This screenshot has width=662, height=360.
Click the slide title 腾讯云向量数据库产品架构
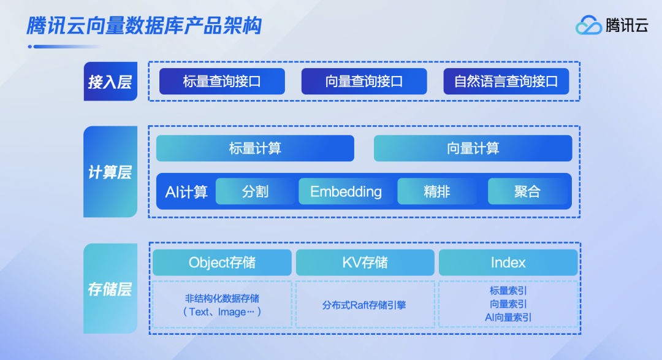[x=144, y=26]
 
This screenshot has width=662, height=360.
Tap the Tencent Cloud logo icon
[x=588, y=25]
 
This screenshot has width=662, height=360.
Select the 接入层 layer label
[x=110, y=82]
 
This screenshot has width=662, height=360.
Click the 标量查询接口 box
[x=222, y=82]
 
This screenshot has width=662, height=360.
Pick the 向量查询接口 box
[x=364, y=82]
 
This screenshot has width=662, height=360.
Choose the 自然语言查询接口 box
[x=506, y=82]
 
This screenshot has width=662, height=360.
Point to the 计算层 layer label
[x=110, y=172]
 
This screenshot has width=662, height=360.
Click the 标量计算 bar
[x=255, y=148]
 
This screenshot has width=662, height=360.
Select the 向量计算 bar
[x=473, y=148]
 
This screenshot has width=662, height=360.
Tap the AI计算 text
[x=186, y=192]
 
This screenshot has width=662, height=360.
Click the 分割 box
[x=255, y=192]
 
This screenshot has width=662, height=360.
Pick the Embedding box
[x=346, y=192]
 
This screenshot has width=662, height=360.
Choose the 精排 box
[x=437, y=192]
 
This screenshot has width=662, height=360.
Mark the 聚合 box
[x=527, y=192]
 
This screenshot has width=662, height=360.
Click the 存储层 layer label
[x=110, y=289]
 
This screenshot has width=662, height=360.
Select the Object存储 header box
[x=222, y=262]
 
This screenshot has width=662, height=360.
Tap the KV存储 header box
[x=365, y=262]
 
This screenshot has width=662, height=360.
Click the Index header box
[x=508, y=262]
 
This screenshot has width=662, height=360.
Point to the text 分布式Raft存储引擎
[x=365, y=305]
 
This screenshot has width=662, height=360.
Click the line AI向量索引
[x=508, y=318]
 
